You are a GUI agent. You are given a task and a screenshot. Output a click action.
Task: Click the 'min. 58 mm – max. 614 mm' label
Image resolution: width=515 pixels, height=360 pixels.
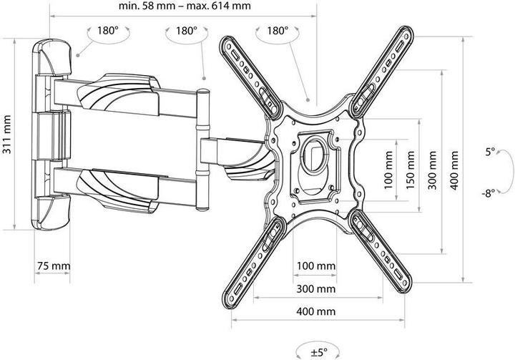coord(185,6)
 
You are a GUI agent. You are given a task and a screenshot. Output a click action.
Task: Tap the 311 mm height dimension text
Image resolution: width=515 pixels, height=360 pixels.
coord(7,134)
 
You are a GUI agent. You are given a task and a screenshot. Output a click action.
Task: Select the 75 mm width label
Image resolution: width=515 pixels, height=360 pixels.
coord(53,266)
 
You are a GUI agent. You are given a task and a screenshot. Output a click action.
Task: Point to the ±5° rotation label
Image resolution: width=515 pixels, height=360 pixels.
coord(318,352)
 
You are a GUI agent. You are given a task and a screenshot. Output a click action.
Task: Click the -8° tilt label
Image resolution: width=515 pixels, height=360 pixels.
coord(489,193)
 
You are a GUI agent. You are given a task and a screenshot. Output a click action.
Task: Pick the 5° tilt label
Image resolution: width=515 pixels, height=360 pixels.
coord(490,152)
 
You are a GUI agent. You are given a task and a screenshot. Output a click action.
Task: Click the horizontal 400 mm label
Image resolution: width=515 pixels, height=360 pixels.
coord(316,311)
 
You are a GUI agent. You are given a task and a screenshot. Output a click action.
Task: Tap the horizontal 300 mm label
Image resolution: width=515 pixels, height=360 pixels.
coord(316,288)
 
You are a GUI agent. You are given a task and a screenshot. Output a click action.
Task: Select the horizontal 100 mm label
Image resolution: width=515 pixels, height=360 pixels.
coord(316,266)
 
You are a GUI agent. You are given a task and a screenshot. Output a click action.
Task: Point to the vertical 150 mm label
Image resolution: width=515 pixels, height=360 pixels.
coord(411,170)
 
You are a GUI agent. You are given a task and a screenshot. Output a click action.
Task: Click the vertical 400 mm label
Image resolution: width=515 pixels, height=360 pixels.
coord(454,170)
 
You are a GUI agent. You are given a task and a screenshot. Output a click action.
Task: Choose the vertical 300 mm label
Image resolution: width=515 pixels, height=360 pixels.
coord(432,170)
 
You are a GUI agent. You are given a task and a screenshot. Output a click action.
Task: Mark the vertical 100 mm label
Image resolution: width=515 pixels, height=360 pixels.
coord(388,170)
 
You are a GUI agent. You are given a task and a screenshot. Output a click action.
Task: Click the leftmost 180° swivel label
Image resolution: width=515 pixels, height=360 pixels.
coord(107,31)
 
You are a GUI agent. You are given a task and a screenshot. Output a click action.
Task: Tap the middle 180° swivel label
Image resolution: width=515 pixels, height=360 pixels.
coord(187,31)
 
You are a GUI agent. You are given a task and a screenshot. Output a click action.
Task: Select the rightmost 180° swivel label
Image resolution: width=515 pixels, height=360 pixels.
coord(278,31)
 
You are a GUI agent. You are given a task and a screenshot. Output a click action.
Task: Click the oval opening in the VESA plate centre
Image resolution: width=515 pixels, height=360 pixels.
coord(315,156)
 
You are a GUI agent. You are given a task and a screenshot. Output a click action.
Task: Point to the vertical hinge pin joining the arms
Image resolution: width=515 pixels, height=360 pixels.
coord(202,150)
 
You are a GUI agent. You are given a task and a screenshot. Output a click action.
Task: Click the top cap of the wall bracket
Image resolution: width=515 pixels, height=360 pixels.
coord(52,57)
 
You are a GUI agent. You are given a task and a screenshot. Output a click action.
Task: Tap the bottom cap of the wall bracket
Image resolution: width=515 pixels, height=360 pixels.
coord(51,213)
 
